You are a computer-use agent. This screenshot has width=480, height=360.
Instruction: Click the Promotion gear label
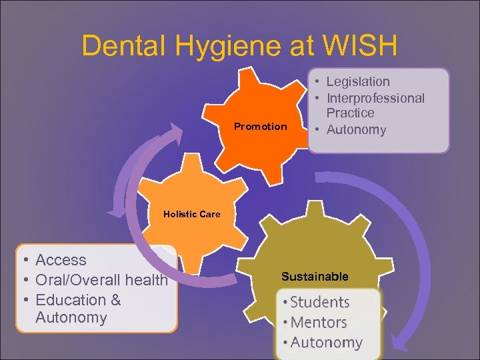click(260, 127)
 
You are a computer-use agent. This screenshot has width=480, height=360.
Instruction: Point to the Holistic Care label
click(191, 214)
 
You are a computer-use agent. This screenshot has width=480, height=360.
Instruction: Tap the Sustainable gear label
click(315, 276)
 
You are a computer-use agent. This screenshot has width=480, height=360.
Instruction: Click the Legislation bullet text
click(357, 82)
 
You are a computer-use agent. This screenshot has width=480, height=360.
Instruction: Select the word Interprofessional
click(375, 98)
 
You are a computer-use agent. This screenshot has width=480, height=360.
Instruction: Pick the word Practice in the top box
click(350, 113)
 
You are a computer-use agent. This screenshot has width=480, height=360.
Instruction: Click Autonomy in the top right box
click(356, 129)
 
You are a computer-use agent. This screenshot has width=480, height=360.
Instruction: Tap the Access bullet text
click(61, 260)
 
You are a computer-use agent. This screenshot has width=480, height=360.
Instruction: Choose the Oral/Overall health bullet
click(101, 280)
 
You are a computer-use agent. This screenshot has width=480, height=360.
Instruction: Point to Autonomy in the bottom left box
click(71, 317)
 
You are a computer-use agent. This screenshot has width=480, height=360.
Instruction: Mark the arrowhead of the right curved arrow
click(400, 344)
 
